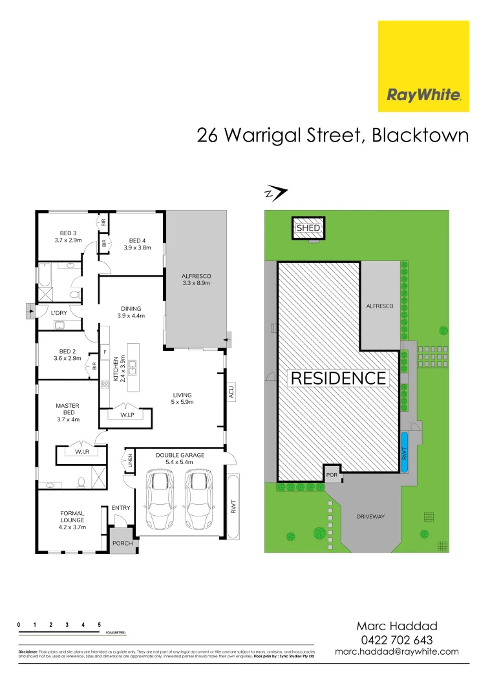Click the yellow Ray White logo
423,67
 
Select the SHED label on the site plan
308,228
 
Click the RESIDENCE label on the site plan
339,378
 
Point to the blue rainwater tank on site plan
405,452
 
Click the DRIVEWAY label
370,516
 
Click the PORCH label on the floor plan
122,544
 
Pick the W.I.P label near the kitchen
127,414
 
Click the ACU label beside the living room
231,392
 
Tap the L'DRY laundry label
59,313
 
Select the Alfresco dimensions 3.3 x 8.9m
197,283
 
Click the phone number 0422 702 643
397,639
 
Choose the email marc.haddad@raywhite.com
397,651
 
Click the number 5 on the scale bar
99,625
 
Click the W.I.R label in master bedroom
81,452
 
